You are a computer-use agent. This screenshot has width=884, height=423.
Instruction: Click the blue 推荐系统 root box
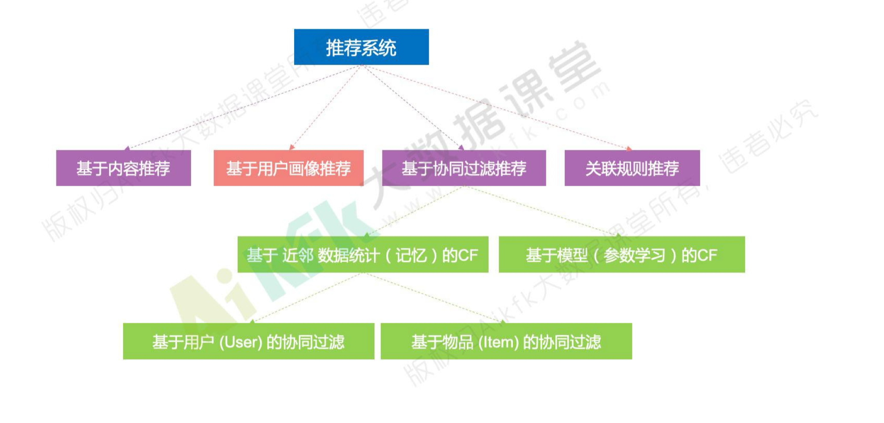coord(361,47)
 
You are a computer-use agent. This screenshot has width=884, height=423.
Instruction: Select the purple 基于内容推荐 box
coord(124,168)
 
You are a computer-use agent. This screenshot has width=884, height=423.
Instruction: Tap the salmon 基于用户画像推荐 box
coord(289,168)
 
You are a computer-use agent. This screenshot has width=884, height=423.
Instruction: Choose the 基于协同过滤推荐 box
coord(464,168)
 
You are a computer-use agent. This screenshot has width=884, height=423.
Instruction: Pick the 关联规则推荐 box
coord(632,168)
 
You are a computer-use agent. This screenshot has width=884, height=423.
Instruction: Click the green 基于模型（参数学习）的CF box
coord(622,255)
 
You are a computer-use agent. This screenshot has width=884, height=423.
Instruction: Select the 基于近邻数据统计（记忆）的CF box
coord(362,255)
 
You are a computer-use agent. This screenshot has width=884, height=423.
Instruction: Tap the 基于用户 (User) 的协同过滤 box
coord(248,341)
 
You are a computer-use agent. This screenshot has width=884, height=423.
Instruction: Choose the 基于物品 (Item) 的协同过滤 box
coord(506,341)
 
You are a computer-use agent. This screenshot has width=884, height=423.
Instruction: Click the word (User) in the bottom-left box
coord(241,342)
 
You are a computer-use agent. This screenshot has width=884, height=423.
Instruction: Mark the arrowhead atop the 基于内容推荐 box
coord(127,148)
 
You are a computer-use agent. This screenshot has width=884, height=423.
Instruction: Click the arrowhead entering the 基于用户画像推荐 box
coord(292,148)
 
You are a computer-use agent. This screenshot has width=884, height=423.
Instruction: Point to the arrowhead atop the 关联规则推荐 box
coord(629,148)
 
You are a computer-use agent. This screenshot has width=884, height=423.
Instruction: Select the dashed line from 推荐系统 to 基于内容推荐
coord(244,107)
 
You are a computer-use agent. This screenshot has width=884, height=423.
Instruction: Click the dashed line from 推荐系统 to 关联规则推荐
coord(496,107)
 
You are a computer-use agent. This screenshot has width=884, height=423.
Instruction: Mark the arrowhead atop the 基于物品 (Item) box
coord(503,321)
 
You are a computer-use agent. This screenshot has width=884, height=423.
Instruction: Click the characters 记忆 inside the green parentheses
coord(411,255)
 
